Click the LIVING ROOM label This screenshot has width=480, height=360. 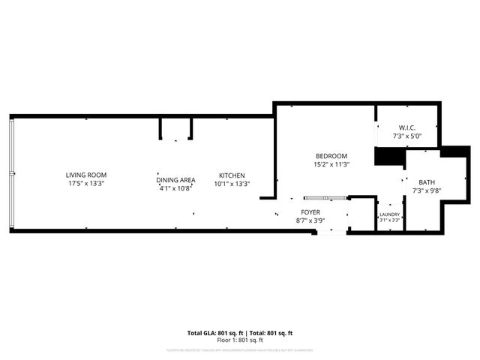pyautogui.click(x=85, y=175)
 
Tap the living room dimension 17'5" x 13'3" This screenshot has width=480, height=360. pyautogui.click(x=85, y=184)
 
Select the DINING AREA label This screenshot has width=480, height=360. pyautogui.click(x=176, y=180)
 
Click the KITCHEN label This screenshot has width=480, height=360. pyautogui.click(x=232, y=175)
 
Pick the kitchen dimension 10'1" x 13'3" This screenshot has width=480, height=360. pyautogui.click(x=232, y=184)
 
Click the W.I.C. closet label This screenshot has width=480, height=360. pyautogui.click(x=407, y=128)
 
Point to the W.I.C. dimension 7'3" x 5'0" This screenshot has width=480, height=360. pyautogui.click(x=407, y=136)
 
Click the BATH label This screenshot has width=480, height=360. pyautogui.click(x=427, y=182)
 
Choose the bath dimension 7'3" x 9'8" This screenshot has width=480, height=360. pyautogui.click(x=427, y=190)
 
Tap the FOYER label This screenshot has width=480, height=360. pyautogui.click(x=311, y=212)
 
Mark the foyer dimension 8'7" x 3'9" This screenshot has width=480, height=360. pyautogui.click(x=311, y=220)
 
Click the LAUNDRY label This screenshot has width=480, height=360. pyautogui.click(x=389, y=214)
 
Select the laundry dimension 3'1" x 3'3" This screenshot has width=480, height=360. pyautogui.click(x=389, y=220)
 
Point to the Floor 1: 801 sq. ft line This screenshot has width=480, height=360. pyautogui.click(x=239, y=340)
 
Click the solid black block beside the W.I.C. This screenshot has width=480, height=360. pyautogui.click(x=389, y=157)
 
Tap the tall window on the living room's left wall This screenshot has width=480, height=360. pyautogui.click(x=11, y=174)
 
